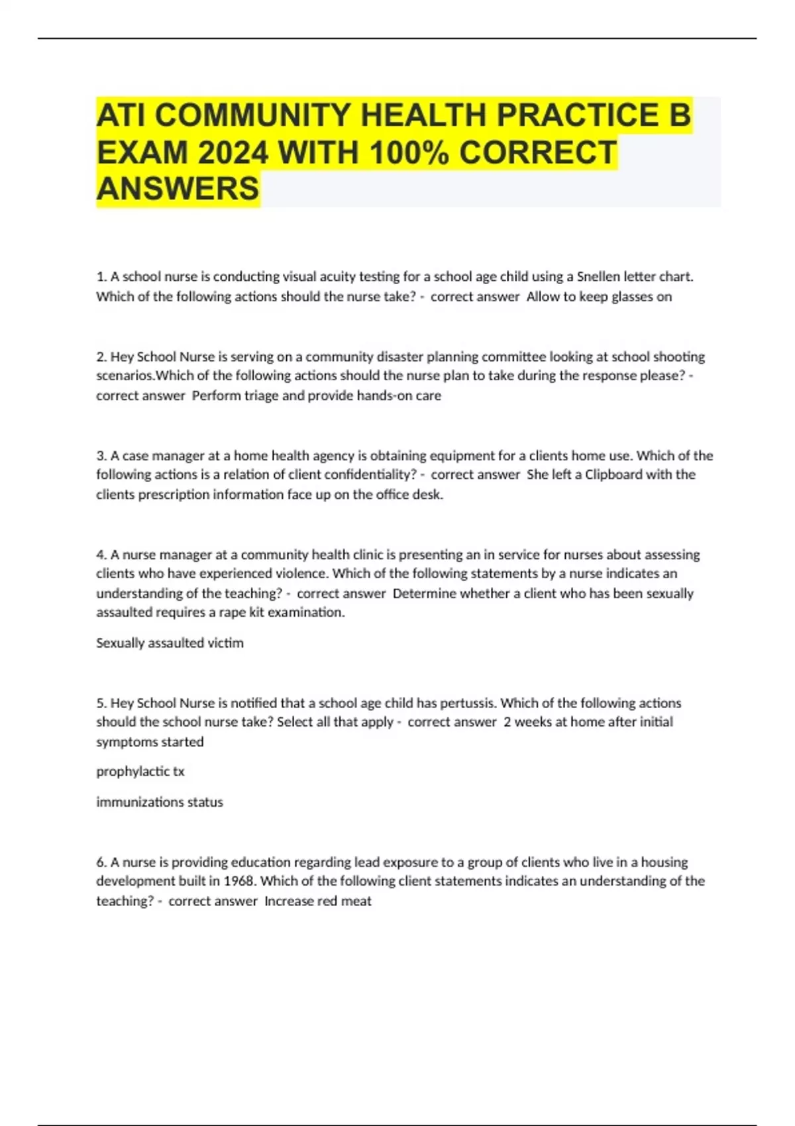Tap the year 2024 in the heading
[x=233, y=153]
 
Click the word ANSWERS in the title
[x=178, y=189]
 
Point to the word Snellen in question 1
[x=598, y=276]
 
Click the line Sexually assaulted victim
[x=170, y=642]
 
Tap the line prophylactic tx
[x=140, y=771]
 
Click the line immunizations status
[x=159, y=801]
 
